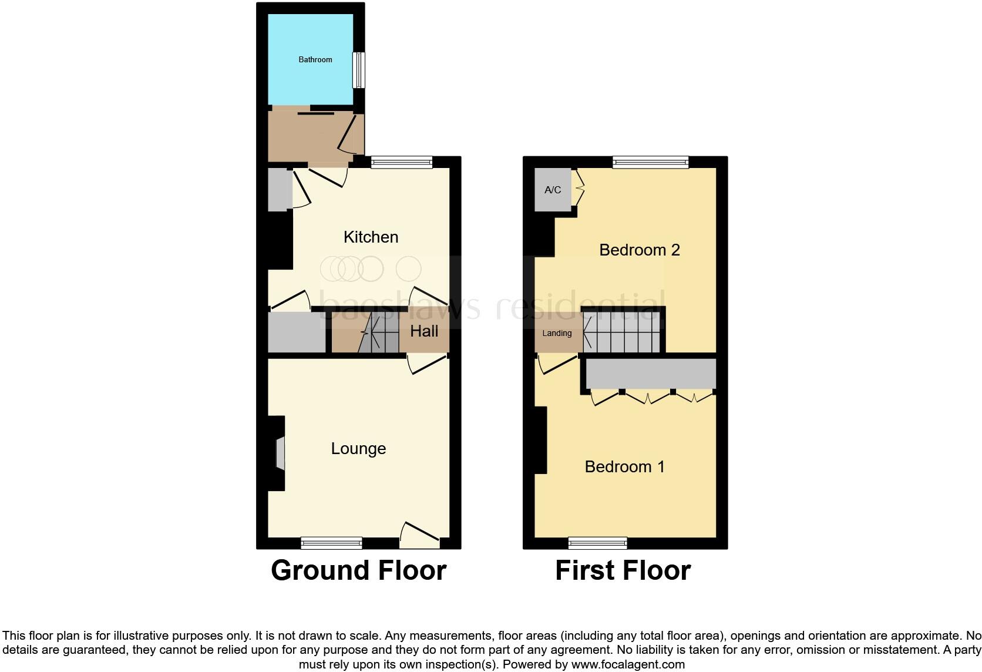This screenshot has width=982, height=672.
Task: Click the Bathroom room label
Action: (315, 60)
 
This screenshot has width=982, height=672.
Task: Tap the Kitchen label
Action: (371, 237)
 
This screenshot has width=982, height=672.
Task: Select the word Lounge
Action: (358, 448)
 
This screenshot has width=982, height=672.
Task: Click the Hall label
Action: (424, 331)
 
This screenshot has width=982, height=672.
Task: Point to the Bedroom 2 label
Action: (639, 250)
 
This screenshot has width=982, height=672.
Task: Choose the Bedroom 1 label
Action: (624, 466)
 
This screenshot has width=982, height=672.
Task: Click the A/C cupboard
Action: (553, 190)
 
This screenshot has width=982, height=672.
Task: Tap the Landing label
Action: (557, 333)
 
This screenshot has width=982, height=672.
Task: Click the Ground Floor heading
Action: (358, 570)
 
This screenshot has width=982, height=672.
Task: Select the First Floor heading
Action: (623, 570)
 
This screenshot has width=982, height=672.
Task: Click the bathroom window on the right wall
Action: (358, 70)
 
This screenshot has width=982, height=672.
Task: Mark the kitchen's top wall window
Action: (402, 162)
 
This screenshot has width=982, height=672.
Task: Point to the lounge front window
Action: (331, 543)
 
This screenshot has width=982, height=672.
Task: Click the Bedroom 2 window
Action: (650, 162)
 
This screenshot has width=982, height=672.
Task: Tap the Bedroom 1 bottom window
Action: (597, 543)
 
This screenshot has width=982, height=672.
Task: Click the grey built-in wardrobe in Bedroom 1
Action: (651, 374)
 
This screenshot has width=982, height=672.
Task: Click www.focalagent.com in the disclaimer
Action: (628, 665)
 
